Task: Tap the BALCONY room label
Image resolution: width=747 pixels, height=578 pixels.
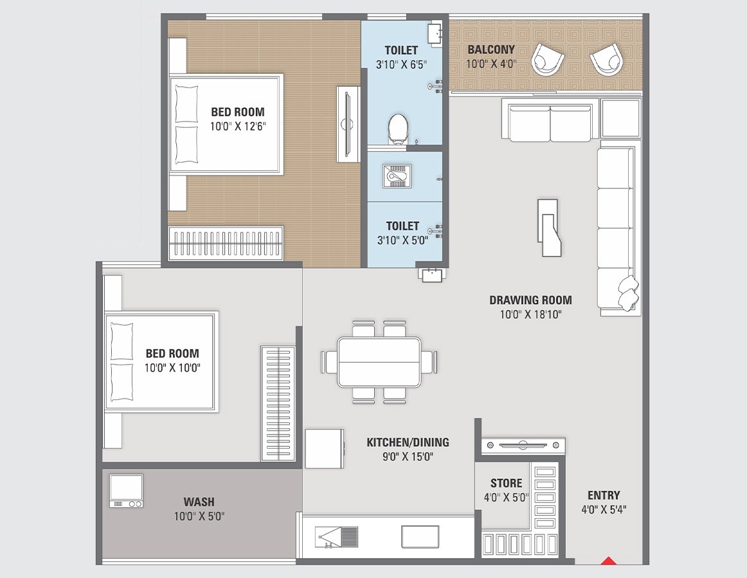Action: [x=491, y=50]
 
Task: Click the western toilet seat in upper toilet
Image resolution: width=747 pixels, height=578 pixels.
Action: [x=398, y=129]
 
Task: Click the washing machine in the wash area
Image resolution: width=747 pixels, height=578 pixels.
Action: [x=126, y=491]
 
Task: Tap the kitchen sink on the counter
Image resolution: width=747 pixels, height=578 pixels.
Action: [x=337, y=537]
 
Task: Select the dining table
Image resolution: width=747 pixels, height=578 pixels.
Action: [x=379, y=362]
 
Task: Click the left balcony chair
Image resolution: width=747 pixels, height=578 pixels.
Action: [x=548, y=60]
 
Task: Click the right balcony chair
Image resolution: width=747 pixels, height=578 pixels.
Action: [x=606, y=59]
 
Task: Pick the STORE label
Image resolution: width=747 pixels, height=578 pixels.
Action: [x=506, y=483]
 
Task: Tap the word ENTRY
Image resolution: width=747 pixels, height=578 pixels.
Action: [x=604, y=495]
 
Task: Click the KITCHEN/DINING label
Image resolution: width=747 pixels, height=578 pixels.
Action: [x=408, y=442]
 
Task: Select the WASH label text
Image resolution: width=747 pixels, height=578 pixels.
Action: [x=199, y=501]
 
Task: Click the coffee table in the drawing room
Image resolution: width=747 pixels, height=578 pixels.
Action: [x=549, y=228]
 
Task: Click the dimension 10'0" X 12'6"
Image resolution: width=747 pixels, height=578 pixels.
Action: [x=238, y=127]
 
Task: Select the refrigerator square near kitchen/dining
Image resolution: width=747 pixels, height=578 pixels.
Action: [x=324, y=449]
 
